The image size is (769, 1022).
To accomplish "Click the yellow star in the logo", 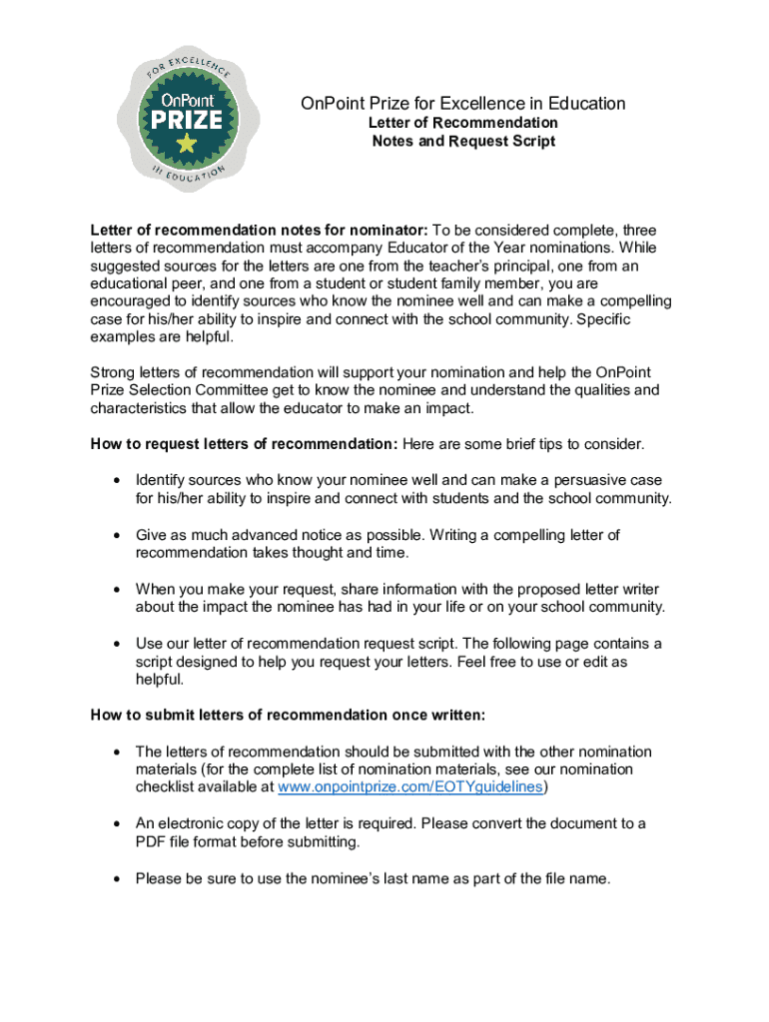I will click(186, 144).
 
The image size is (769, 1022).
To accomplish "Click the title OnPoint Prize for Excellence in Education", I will click(463, 104).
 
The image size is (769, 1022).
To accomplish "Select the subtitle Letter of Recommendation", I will click(463, 123).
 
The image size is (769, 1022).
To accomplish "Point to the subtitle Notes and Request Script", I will click(463, 142).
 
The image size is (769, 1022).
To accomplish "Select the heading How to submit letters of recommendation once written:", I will click(289, 716).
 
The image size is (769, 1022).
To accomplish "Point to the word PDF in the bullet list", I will click(151, 842).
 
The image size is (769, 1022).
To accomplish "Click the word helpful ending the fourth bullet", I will click(159, 680).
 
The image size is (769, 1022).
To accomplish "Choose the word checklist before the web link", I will click(168, 787).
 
